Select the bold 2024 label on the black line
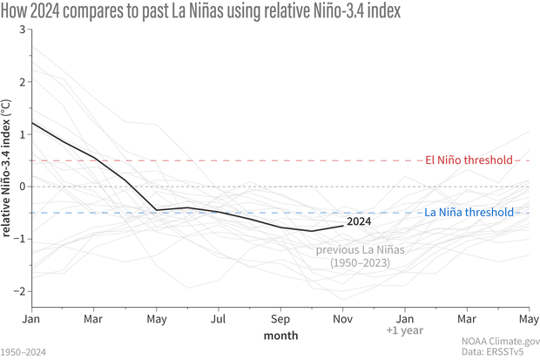point(360,221)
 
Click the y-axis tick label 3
point(23,30)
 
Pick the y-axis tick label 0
point(23,187)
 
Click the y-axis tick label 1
point(23,134)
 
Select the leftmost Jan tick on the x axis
point(32,319)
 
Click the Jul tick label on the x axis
point(219,319)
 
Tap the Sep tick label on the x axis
point(280,319)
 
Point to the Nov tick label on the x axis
point(342,319)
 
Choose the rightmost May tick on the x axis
point(528,319)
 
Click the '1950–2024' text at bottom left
point(24,352)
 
